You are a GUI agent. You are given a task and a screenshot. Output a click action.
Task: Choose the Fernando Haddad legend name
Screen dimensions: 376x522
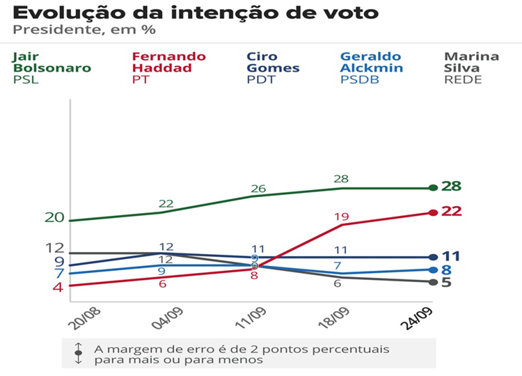pyautogui.click(x=168, y=62)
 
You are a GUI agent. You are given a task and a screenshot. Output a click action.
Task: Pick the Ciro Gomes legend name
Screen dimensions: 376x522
pyautogui.click(x=274, y=62)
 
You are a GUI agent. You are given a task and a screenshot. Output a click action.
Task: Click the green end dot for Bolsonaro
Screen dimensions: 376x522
pyautogui.click(x=434, y=187)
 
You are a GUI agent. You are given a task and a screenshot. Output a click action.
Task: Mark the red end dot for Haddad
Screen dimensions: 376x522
pyautogui.click(x=434, y=212)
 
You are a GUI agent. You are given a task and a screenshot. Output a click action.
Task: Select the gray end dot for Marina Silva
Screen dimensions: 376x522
pyautogui.click(x=434, y=282)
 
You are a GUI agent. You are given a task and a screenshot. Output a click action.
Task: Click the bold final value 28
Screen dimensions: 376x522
pyautogui.click(x=452, y=187)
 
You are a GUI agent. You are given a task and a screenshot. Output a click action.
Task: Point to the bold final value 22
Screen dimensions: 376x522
pyautogui.click(x=452, y=211)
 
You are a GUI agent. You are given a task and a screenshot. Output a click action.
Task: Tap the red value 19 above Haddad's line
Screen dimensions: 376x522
pyautogui.click(x=341, y=217)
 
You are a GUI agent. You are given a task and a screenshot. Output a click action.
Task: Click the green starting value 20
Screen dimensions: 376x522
pyautogui.click(x=54, y=217)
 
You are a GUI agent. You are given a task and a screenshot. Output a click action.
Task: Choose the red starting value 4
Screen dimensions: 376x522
pyautogui.click(x=58, y=287)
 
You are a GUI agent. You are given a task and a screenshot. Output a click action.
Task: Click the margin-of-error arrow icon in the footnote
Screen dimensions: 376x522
pyautogui.click(x=79, y=353)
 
